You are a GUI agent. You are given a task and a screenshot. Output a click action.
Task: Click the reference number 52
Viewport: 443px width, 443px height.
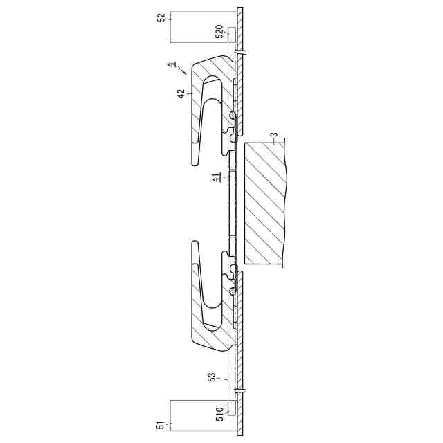161,17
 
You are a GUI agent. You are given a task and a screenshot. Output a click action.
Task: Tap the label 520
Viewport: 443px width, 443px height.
219,31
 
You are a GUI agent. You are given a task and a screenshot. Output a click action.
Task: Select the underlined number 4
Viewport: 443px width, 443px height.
171,64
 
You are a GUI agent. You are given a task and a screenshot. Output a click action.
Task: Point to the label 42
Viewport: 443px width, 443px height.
181,93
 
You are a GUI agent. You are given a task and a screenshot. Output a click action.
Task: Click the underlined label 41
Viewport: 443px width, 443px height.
215,178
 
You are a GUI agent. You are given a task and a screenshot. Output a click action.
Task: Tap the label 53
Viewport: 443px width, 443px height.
212,377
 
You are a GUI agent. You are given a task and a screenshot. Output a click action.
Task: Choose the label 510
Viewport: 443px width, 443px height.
219,414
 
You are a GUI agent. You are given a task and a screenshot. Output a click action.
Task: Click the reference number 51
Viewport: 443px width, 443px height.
161,425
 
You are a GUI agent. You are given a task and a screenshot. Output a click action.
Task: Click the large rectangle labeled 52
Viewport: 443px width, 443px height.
203,27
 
